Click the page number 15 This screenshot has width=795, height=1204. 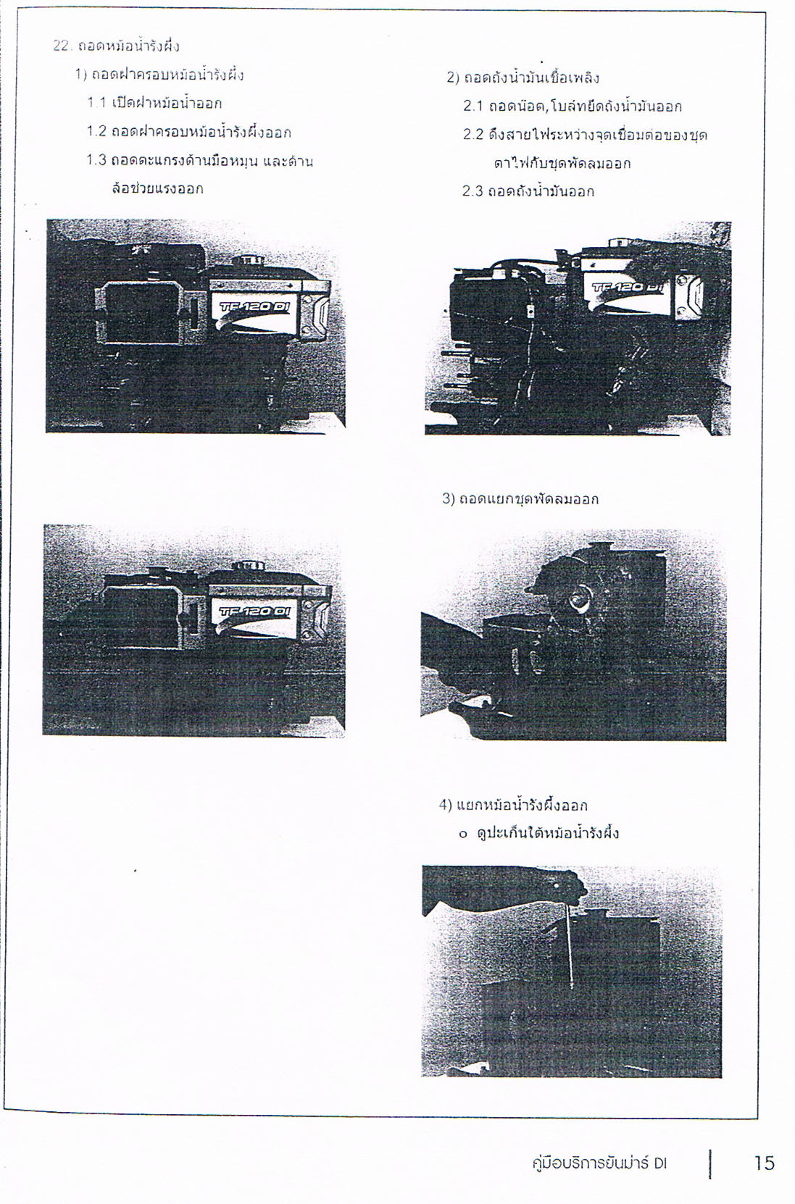coord(764,1163)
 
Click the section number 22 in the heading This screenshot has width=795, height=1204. coord(62,46)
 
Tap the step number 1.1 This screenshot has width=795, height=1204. coord(97,103)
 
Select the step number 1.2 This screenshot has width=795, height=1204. coord(97,132)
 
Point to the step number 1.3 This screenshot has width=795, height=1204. coord(97,160)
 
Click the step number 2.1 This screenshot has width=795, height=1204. coord(473,106)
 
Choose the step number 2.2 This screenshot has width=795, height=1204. coord(473,135)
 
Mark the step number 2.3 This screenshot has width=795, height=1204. coord(473,191)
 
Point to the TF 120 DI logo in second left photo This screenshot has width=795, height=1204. coord(254,611)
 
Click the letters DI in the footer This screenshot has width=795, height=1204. coord(661,1164)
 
